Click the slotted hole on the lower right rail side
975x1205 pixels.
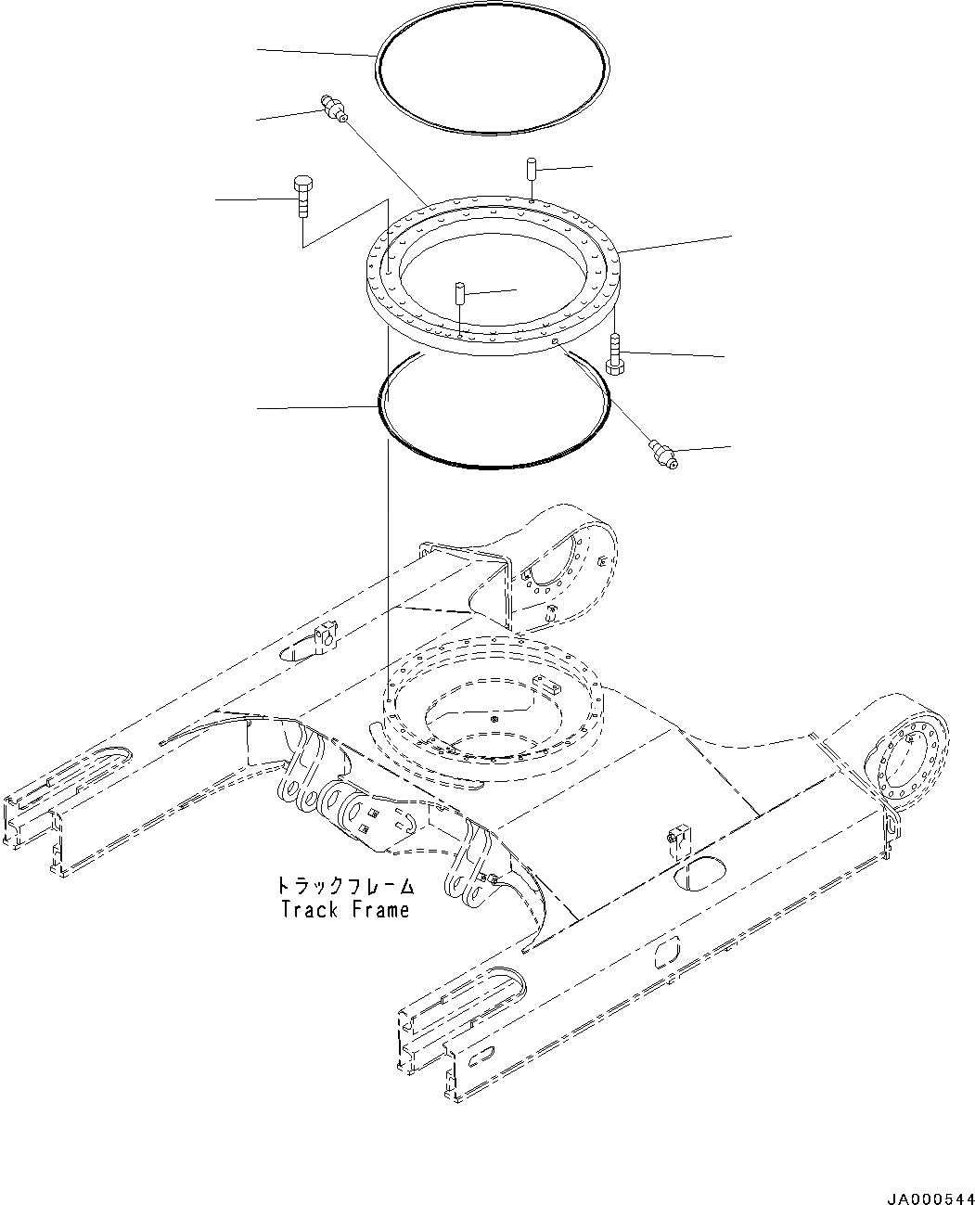666,955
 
